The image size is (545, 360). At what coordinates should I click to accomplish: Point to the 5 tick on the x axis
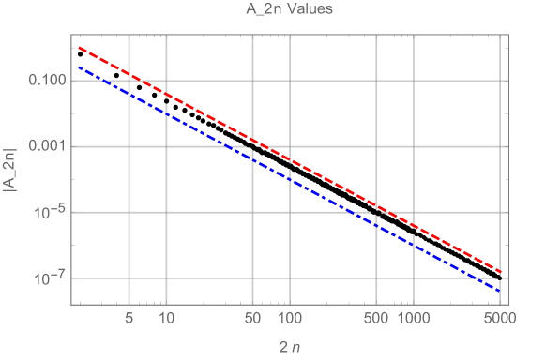coord(129,319)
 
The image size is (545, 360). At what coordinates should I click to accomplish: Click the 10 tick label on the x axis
coord(165,319)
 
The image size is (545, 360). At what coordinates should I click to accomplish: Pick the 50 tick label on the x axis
coord(251,319)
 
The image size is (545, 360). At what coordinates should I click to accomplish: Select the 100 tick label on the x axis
coord(289,319)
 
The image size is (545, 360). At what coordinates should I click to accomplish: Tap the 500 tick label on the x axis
coord(375,319)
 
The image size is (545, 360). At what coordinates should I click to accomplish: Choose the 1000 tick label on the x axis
coord(413,319)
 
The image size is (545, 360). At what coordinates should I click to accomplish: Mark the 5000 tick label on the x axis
coord(498,319)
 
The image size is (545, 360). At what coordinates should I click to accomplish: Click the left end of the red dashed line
coord(79,46)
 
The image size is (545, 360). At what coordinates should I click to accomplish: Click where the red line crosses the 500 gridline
coord(375,204)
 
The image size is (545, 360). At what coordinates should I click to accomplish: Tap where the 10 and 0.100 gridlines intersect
coord(165,81)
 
